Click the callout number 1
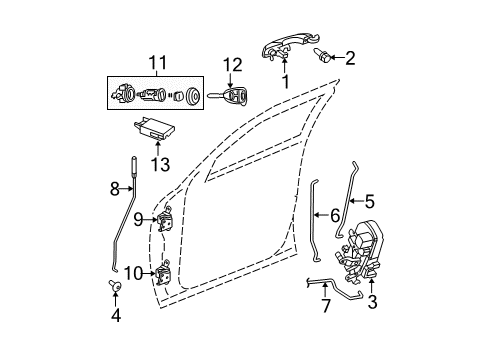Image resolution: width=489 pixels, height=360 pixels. pos(286,81)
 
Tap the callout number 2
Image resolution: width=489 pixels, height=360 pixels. pos(351,58)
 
